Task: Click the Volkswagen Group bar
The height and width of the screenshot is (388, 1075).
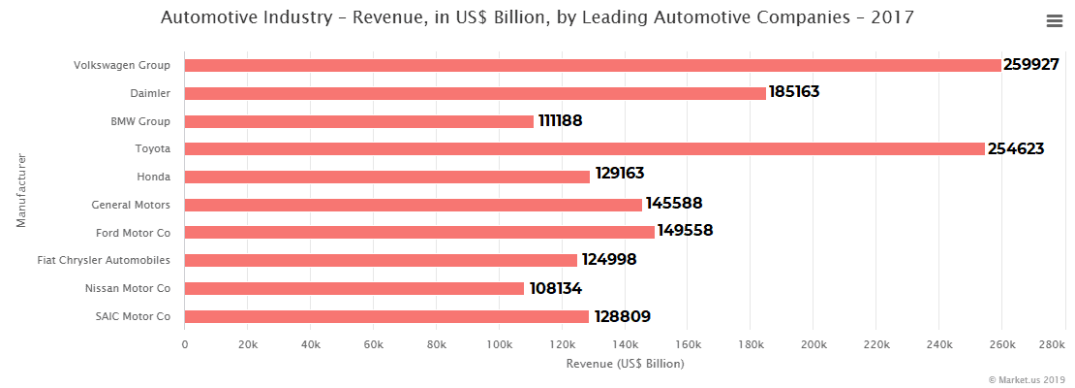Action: pyautogui.click(x=593, y=65)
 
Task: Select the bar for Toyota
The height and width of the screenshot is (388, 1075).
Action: pyautogui.click(x=584, y=149)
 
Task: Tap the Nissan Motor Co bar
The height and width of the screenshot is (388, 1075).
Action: pyautogui.click(x=354, y=289)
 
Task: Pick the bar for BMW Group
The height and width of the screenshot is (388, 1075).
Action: pyautogui.click(x=359, y=121)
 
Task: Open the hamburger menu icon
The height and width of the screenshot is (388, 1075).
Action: pyautogui.click(x=1056, y=21)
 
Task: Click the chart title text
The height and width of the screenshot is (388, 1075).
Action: pyautogui.click(x=537, y=18)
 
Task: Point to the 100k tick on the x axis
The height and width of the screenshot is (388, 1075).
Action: pyautogui.click(x=499, y=344)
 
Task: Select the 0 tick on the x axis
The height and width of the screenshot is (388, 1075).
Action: pyautogui.click(x=185, y=344)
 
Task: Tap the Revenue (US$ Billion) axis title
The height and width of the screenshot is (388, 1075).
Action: pyautogui.click(x=625, y=364)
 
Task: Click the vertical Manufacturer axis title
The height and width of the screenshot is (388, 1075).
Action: pyautogui.click(x=20, y=190)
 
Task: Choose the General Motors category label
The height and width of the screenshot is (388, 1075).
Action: pyautogui.click(x=131, y=205)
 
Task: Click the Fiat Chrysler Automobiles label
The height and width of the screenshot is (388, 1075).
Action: pyautogui.click(x=104, y=261)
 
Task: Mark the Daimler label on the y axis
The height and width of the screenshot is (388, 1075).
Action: pyautogui.click(x=150, y=93)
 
